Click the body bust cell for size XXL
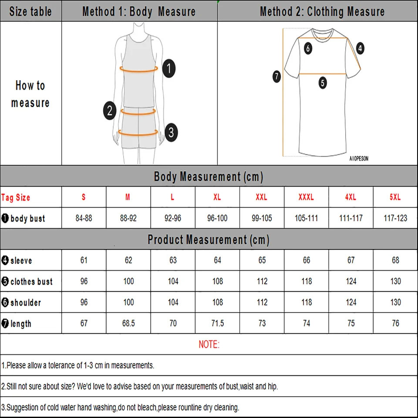(262, 218)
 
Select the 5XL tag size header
(395, 197)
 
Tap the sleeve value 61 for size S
(84, 260)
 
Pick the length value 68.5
(128, 324)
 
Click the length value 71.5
(217, 324)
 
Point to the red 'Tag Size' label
(16, 198)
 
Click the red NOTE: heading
(209, 344)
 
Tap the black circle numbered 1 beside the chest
(169, 68)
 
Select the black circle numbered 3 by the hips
(171, 131)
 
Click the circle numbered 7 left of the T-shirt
(276, 77)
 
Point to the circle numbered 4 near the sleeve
(360, 48)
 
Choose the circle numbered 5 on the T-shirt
(322, 82)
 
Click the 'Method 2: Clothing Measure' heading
(322, 11)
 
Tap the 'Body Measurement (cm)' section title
(209, 177)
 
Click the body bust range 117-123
(395, 218)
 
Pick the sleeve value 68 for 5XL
(395, 260)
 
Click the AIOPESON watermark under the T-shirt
(358, 159)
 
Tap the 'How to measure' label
(30, 94)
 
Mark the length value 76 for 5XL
(395, 324)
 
